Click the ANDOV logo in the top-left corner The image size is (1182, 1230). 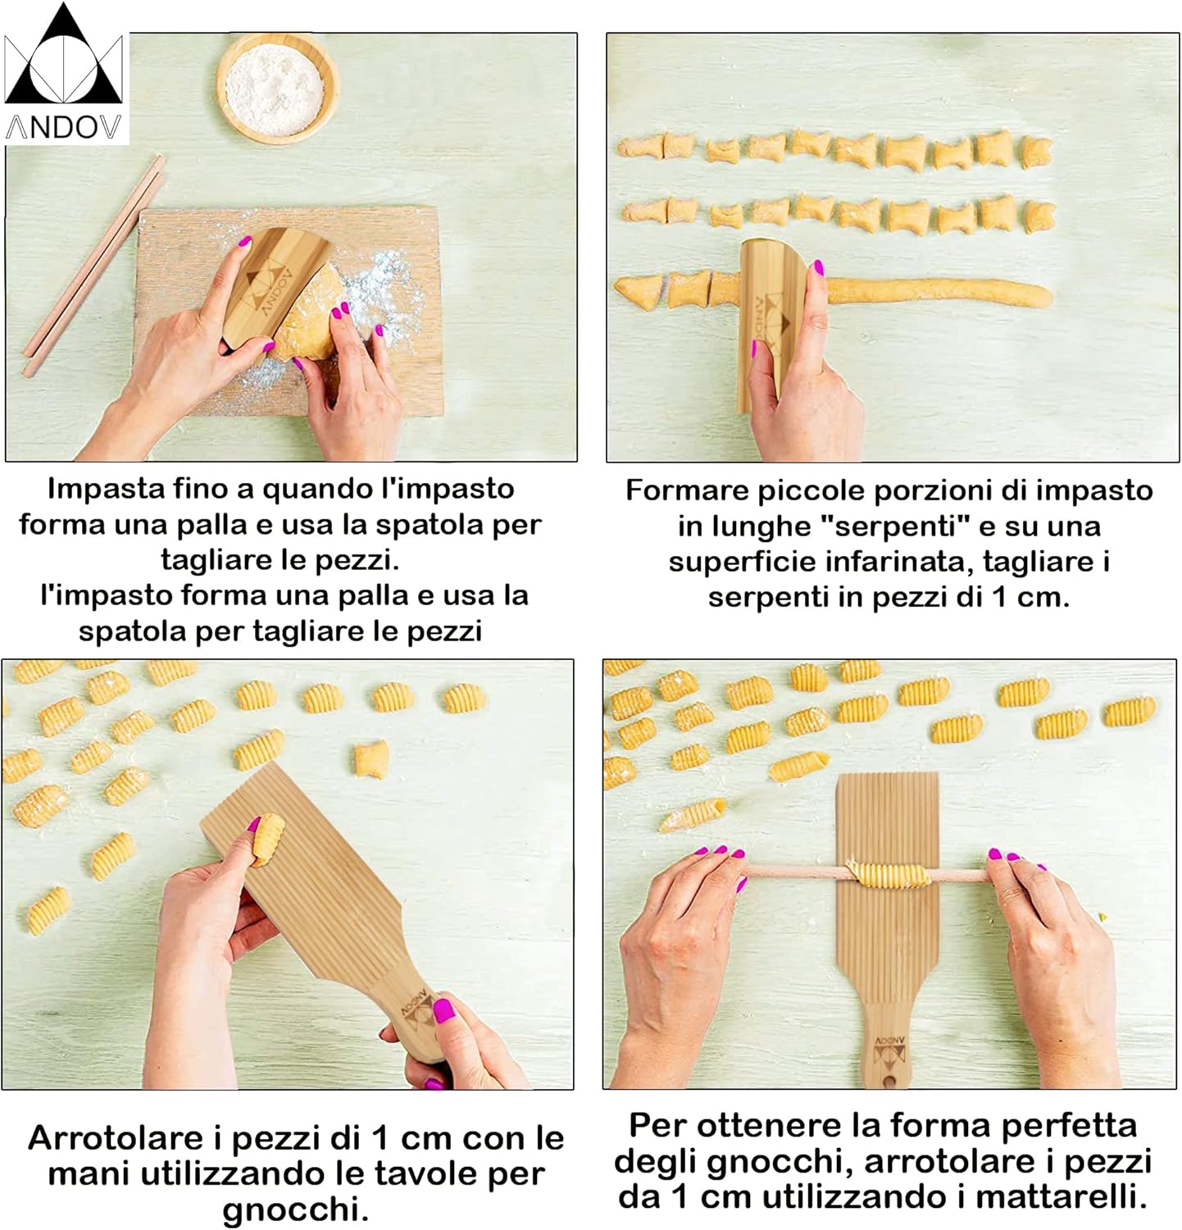pyautogui.click(x=65, y=74)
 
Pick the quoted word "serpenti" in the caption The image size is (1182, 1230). pyautogui.click(x=895, y=526)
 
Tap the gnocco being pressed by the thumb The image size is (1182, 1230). pyautogui.click(x=266, y=838)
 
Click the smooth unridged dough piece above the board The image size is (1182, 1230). pyautogui.click(x=371, y=758)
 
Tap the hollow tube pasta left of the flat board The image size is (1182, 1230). pyautogui.click(x=693, y=816)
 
